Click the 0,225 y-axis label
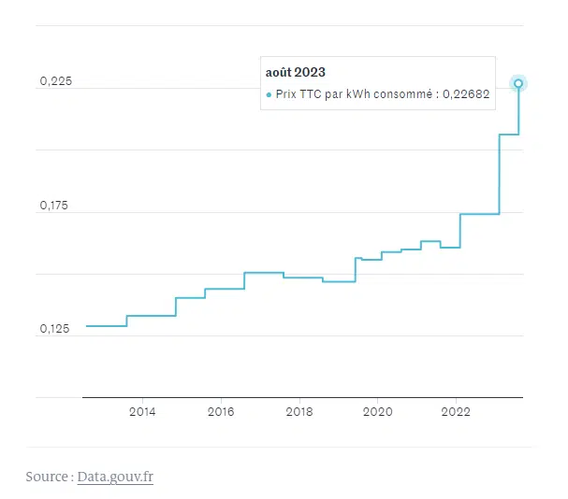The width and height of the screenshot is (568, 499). point(55,82)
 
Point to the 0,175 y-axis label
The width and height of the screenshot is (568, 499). point(55,206)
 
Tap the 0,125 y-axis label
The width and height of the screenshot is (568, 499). point(55,329)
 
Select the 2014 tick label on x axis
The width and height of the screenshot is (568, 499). point(142,411)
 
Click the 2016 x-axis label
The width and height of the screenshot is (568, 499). point(221,411)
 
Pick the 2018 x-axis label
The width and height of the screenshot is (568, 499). point(299,411)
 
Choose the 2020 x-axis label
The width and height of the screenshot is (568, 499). point(377,411)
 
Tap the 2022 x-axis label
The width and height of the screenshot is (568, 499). point(456,411)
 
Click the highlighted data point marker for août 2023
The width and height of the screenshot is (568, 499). point(519,83)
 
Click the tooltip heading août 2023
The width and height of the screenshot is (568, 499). point(296,72)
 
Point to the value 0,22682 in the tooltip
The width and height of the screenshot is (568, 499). point(467,94)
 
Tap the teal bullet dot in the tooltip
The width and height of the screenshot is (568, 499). point(269,94)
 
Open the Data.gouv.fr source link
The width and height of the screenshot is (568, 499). point(115,477)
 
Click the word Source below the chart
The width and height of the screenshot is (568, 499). point(47,477)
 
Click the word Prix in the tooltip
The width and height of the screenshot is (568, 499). point(285,94)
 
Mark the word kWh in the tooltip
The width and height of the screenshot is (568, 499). point(357,94)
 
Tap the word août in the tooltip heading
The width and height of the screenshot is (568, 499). point(279,72)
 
